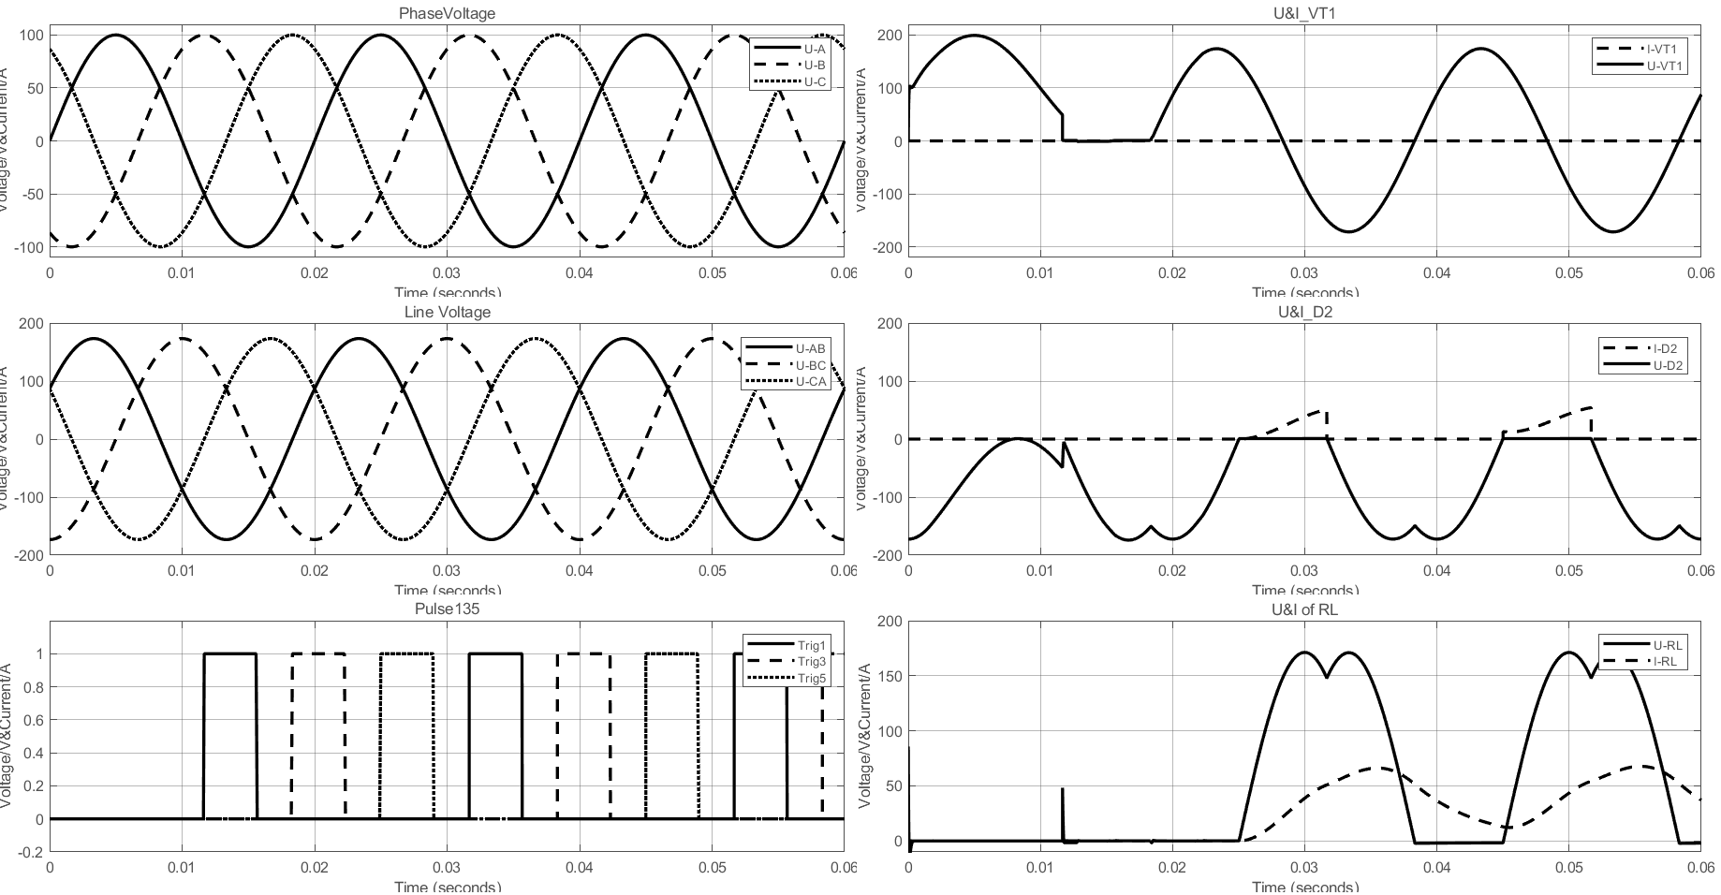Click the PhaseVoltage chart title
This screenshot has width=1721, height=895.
coord(447,13)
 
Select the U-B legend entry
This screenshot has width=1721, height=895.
coord(814,65)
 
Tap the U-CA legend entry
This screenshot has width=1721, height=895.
coord(810,381)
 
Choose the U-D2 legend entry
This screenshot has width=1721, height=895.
coord(1670,365)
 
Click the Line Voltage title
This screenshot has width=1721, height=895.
coord(447,312)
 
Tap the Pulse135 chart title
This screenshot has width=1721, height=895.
coord(447,609)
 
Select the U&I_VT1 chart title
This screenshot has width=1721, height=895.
coord(1304,13)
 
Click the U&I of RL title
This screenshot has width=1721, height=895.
coord(1304,609)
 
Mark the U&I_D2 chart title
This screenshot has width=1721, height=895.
coord(1304,312)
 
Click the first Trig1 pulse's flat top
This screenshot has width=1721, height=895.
coord(230,653)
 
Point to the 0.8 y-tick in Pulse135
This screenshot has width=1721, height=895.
coord(35,687)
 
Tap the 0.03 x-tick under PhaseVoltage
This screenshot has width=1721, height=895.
coord(447,272)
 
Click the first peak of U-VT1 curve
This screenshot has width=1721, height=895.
coord(974,36)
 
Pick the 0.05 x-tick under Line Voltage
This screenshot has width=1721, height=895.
coord(713,571)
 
